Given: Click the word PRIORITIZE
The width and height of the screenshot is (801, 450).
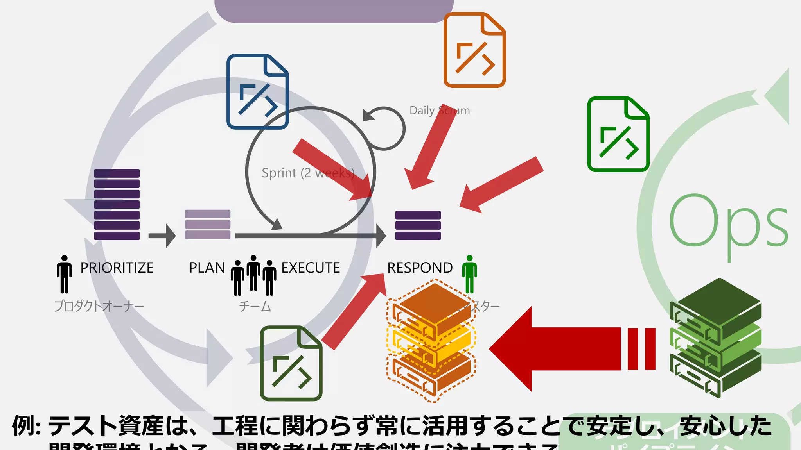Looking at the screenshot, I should pos(117,268).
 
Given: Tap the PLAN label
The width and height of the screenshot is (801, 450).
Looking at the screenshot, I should pos(207,268).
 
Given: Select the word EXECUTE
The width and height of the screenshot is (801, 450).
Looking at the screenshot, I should pos(311,268).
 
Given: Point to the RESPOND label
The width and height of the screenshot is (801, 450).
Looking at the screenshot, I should pos(420,268).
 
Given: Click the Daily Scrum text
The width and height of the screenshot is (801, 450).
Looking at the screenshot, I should pos(439,111).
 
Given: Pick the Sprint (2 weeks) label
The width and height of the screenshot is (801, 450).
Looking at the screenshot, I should pos(308,173).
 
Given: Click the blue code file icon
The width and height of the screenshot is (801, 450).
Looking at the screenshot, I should pos(257,92).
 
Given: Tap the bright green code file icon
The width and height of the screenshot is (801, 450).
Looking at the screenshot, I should pos(618,134).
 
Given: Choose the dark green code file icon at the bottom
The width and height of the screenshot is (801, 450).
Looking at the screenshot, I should pos(291,363).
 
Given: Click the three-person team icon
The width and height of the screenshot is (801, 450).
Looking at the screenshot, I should pos(253,275).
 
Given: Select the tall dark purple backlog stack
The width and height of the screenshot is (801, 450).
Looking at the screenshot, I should pos(117,204).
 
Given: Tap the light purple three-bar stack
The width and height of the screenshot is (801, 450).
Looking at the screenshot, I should pos(207,224).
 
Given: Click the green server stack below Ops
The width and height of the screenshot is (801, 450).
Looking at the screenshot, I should pos(715,338).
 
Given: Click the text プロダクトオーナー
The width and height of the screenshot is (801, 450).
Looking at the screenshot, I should pos(99,306).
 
